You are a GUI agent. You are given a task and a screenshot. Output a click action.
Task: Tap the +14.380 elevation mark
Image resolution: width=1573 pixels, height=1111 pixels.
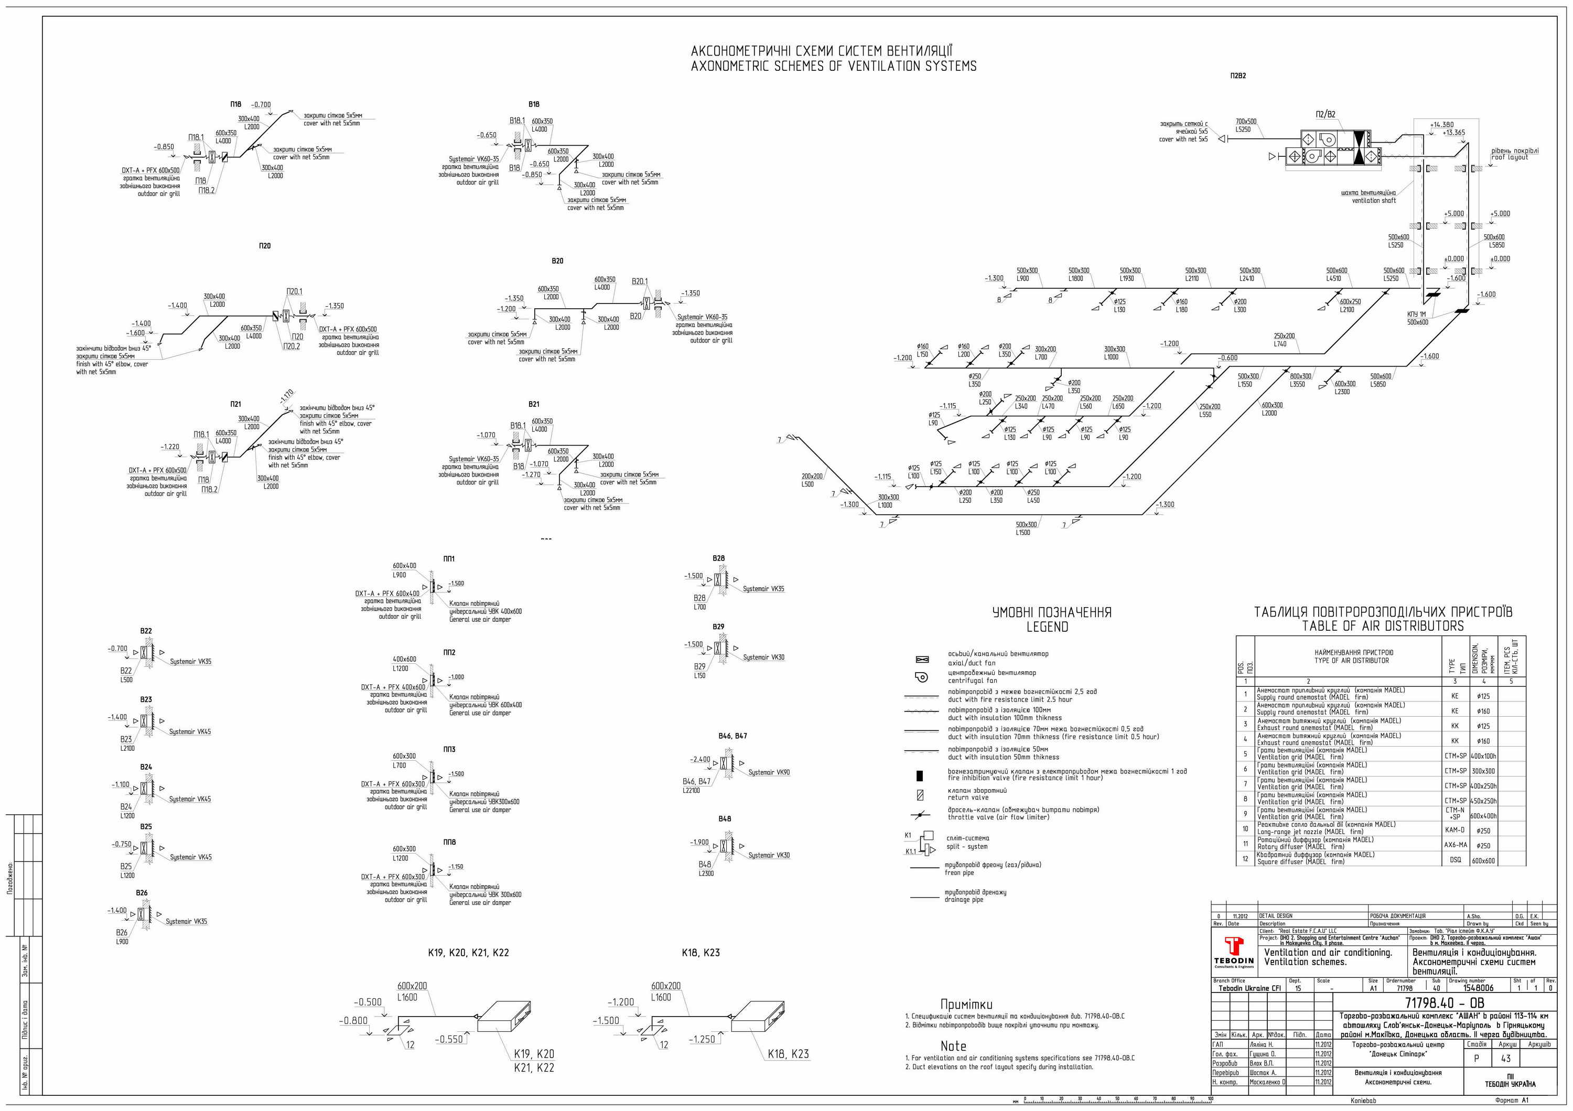(x=1441, y=125)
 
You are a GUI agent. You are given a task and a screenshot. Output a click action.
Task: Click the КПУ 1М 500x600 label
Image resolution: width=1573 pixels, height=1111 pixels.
(x=1417, y=318)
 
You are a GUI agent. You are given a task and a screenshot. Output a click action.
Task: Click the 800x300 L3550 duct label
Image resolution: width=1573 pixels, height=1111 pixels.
(x=1300, y=380)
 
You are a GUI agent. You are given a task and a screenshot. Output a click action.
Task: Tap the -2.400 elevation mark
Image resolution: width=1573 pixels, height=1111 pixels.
(x=700, y=759)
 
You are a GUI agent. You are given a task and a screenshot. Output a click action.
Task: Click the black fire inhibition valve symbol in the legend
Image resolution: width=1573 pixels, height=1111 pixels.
(x=919, y=775)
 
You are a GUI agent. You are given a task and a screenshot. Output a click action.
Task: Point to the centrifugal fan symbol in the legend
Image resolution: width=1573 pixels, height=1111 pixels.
(x=921, y=677)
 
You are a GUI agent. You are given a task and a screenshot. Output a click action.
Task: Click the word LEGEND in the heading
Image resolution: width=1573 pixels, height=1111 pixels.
(x=1047, y=627)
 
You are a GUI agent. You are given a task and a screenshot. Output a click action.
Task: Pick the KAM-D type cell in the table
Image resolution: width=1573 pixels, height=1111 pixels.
(x=1455, y=829)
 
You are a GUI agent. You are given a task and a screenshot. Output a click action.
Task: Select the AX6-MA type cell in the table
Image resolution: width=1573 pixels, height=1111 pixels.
(x=1455, y=845)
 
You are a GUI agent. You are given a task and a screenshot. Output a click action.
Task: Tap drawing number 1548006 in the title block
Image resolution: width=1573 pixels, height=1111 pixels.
(x=1479, y=988)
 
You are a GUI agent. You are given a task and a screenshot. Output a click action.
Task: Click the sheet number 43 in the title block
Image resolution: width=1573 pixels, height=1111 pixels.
(x=1506, y=1058)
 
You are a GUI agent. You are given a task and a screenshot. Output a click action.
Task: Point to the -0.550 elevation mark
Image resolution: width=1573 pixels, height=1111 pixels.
(x=449, y=1039)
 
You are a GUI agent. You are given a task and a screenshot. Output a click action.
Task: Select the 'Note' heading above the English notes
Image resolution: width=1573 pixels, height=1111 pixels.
(x=953, y=1046)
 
